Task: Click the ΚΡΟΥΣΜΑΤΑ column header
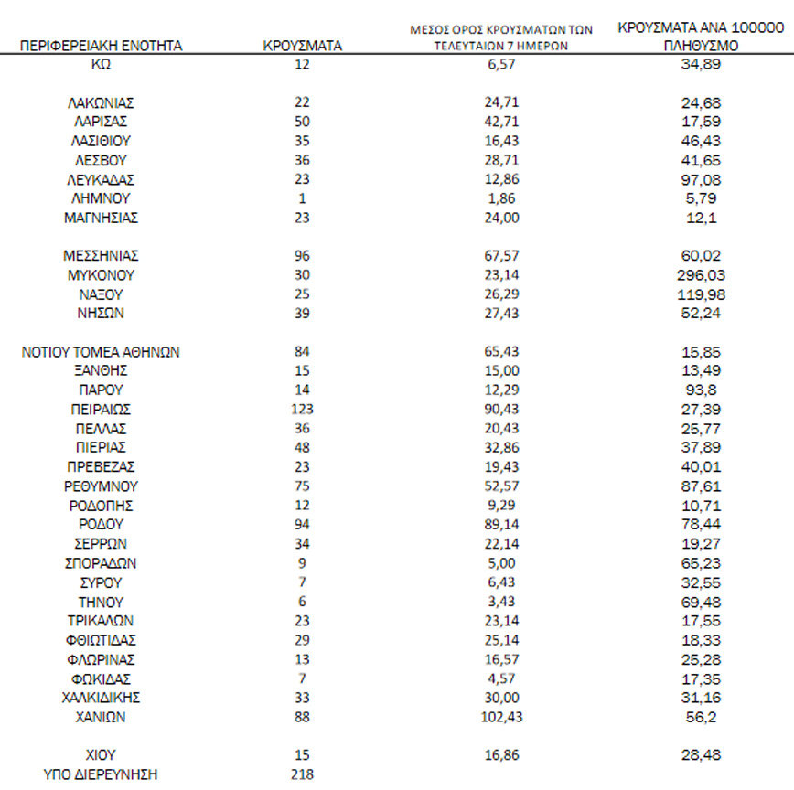click(303, 45)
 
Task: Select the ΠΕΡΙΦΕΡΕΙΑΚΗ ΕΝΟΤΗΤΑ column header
click(101, 45)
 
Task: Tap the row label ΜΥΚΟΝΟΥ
click(101, 274)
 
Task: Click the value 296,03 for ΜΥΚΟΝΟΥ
click(699, 274)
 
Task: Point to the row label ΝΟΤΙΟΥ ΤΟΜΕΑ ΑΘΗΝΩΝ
click(101, 352)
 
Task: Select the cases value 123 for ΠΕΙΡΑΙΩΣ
click(303, 409)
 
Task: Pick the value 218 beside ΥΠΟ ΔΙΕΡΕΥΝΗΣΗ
click(303, 774)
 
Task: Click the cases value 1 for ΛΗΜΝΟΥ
click(303, 197)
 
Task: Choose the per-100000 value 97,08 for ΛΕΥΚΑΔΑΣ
click(699, 178)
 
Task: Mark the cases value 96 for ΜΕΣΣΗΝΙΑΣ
click(303, 255)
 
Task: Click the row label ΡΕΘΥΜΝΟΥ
click(101, 486)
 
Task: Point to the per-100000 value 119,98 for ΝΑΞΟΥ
click(699, 294)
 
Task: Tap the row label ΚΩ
click(101, 64)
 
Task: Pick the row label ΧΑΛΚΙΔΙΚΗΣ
click(101, 698)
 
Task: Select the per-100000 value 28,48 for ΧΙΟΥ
click(699, 755)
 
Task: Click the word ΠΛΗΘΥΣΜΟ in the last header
click(699, 44)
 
